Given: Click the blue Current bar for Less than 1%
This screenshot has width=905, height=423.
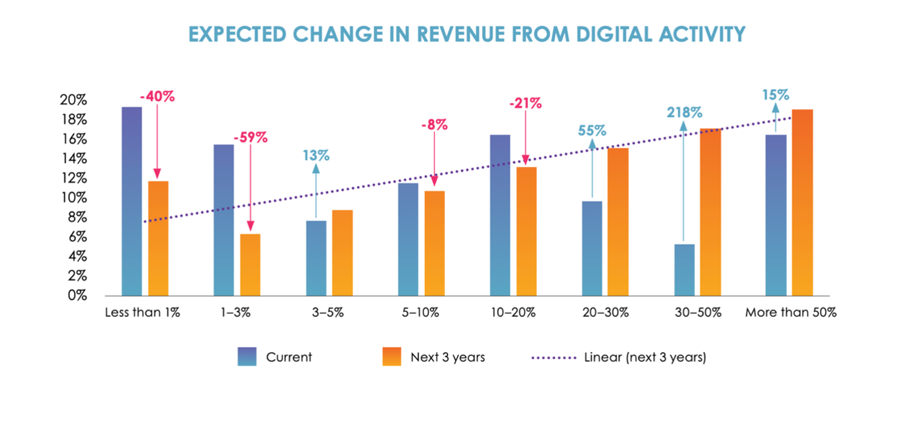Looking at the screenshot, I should [131, 201].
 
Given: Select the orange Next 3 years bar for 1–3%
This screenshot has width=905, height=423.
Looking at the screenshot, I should [250, 264].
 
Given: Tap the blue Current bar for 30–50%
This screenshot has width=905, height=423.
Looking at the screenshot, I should [684, 269].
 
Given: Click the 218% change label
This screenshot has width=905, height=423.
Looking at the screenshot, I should [684, 112].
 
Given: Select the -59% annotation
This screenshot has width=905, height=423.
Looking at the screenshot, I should [250, 137].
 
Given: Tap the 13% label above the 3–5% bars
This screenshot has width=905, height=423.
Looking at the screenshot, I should [315, 155].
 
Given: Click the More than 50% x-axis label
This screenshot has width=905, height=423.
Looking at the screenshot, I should [791, 313].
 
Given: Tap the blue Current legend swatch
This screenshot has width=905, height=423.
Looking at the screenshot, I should [247, 357].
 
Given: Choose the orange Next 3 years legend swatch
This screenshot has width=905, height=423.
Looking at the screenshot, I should [392, 357].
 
